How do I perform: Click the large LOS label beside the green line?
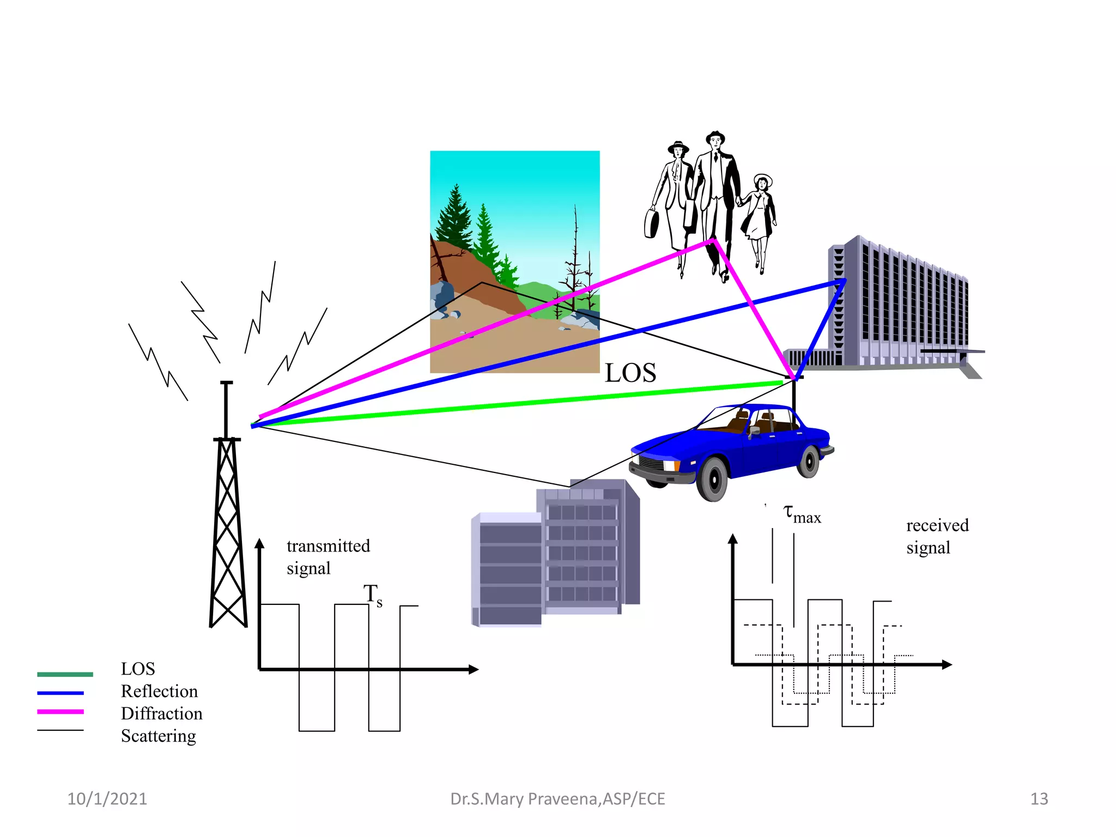point(630,374)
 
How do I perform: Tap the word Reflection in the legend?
point(159,692)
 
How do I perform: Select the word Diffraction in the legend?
point(161,714)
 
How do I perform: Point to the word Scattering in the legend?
point(158,736)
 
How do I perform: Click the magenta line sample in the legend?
point(60,712)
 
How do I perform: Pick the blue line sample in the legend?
point(60,693)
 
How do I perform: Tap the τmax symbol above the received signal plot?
point(802,514)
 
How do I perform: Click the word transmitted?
point(328,546)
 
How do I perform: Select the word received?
point(937,525)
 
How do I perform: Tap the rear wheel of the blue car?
point(809,462)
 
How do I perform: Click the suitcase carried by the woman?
point(651,223)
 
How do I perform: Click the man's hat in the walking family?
point(715,136)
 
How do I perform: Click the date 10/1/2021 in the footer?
point(107,799)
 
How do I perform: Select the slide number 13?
point(1039,799)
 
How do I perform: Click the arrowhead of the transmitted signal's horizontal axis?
point(474,670)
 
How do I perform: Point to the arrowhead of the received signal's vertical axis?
point(733,539)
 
